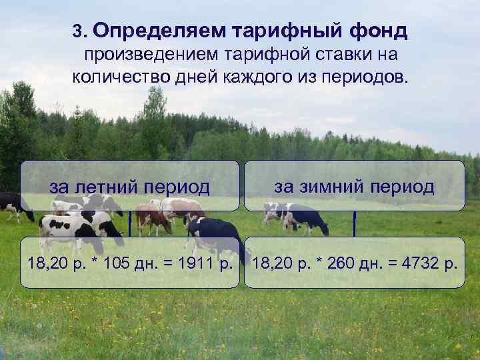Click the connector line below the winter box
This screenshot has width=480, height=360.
(x=354, y=224)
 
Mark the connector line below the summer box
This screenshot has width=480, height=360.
(x=129, y=224)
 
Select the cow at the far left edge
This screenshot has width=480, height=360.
(x=12, y=205)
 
